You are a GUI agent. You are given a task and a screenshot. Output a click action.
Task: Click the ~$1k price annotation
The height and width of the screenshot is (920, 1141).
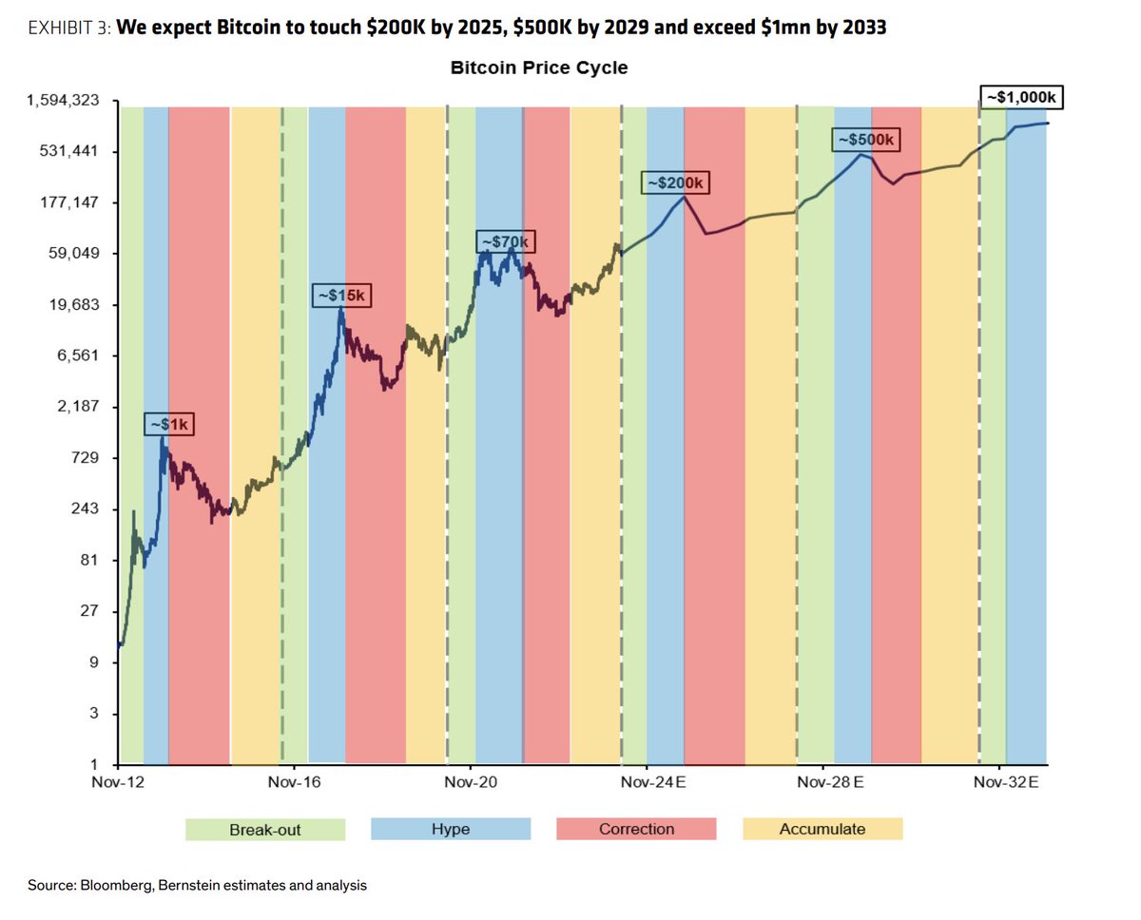(x=169, y=424)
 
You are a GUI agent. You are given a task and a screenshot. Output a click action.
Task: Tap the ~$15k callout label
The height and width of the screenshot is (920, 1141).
(x=340, y=296)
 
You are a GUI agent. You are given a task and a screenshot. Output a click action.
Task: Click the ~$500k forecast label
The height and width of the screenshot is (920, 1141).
(x=864, y=140)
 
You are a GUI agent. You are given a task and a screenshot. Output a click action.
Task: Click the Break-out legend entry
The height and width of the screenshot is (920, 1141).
(x=265, y=829)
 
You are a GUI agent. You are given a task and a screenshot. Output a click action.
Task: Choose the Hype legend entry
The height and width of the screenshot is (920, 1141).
(x=451, y=829)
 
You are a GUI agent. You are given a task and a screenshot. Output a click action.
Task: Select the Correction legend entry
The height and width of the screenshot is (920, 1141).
(x=636, y=829)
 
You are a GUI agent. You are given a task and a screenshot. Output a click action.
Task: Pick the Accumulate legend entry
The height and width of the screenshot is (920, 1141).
(x=822, y=829)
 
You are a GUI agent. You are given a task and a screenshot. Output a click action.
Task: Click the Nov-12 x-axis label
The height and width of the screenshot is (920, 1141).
(x=119, y=782)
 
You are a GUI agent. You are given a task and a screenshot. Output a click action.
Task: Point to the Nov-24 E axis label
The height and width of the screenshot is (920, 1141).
(x=653, y=782)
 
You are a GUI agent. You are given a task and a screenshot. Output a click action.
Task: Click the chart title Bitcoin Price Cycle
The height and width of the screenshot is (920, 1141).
(x=538, y=68)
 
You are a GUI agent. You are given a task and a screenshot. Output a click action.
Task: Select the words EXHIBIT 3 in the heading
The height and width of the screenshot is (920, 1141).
(x=69, y=28)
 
